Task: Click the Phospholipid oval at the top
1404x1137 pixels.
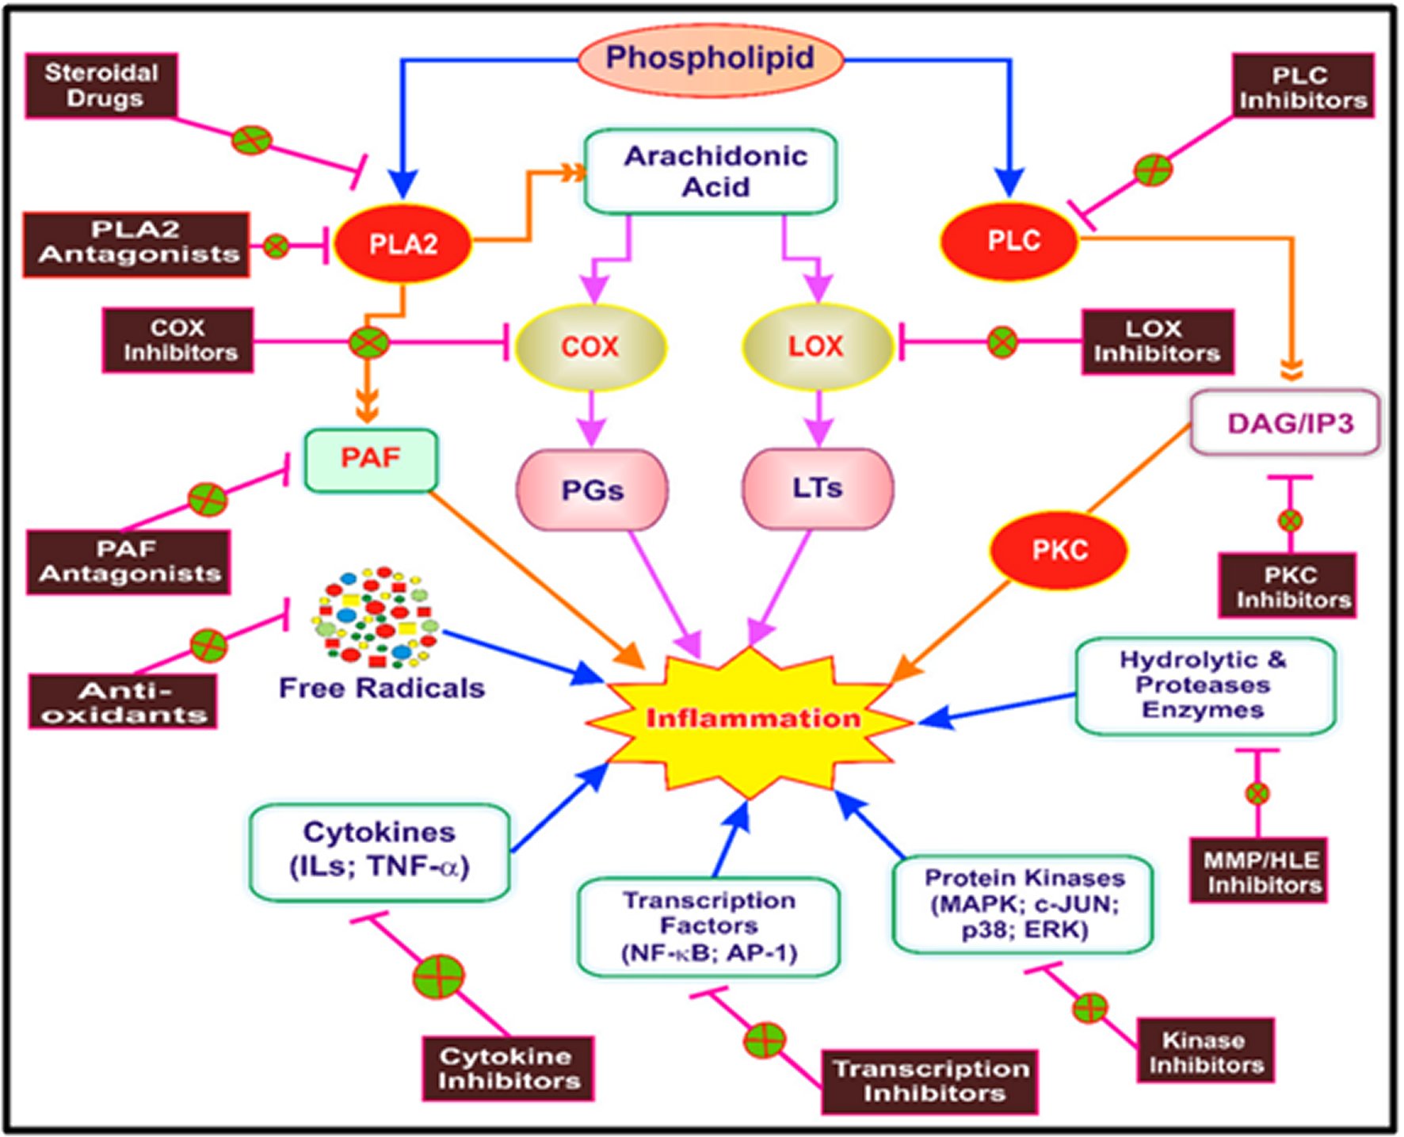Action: pos(710,59)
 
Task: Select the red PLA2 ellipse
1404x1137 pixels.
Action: pos(403,243)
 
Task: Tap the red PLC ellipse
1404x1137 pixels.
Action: pos(1011,241)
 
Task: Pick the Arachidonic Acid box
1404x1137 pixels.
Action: pos(711,172)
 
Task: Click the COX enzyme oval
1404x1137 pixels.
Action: pos(590,346)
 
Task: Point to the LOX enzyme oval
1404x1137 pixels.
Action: pos(817,346)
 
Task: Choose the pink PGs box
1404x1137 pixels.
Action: pos(592,490)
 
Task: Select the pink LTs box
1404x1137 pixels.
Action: pos(818,488)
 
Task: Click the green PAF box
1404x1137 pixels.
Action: pos(371,460)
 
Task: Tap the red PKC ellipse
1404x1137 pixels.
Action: pos(1059,550)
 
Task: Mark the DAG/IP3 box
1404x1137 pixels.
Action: pos(1285,422)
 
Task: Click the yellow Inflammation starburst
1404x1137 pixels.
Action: pos(750,719)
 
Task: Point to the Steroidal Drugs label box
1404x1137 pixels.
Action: pos(101,86)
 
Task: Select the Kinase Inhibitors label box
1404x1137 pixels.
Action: pos(1206,1051)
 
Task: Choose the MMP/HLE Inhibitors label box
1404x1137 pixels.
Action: pos(1259,872)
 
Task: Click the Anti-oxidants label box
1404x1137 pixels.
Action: pos(124,702)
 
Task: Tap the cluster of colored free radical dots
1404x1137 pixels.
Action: pos(376,618)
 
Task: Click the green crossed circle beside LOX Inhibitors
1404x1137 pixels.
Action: pos(1002,342)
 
